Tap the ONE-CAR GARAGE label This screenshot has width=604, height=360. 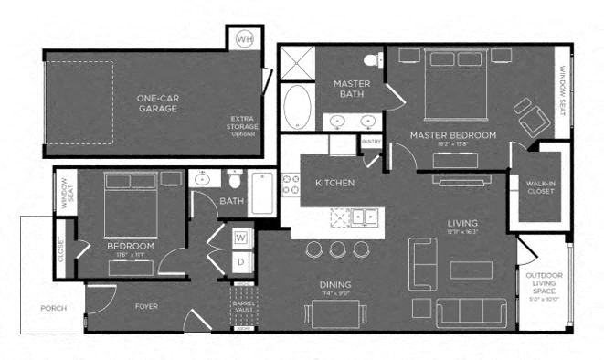(157, 102)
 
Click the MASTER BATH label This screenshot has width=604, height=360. (350, 89)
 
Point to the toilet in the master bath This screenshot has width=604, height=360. (372, 61)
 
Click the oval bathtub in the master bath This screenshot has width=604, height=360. (297, 107)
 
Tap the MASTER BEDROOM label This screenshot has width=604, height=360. (452, 135)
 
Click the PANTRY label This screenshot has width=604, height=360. (371, 141)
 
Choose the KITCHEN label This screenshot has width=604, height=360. (334, 183)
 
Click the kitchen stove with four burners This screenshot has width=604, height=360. (291, 185)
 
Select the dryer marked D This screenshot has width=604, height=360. (240, 261)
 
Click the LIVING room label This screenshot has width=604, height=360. (463, 222)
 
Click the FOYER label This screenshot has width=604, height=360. (147, 307)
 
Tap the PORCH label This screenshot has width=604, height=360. (53, 308)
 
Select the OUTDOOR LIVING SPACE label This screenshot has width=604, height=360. (543, 283)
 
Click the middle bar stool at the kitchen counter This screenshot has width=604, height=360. (338, 249)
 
